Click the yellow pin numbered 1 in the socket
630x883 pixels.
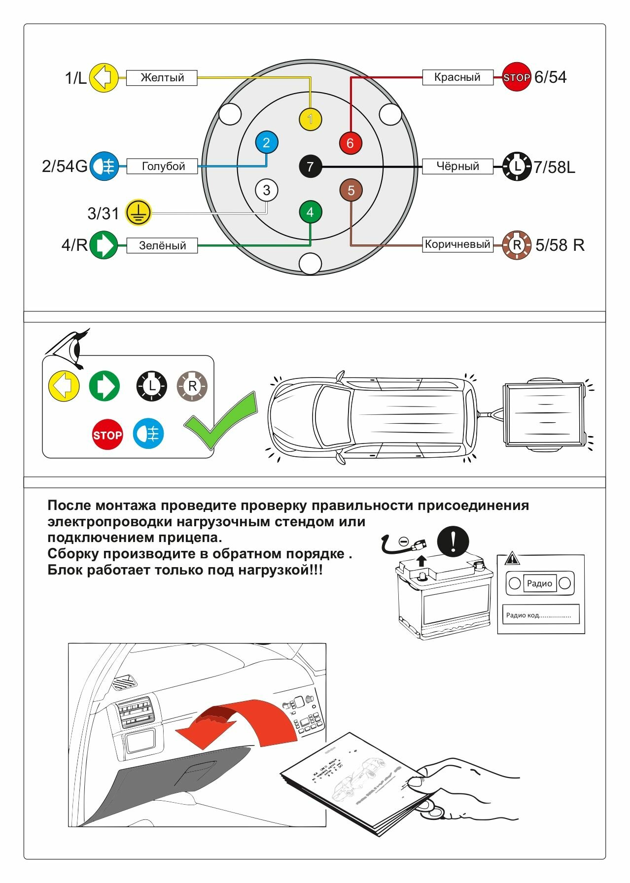pyautogui.click(x=310, y=119)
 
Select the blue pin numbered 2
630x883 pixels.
pyautogui.click(x=266, y=143)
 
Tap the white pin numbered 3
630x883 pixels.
pyautogui.click(x=266, y=190)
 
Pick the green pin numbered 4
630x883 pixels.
pyautogui.click(x=310, y=212)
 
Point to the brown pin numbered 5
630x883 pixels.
pyautogui.click(x=351, y=190)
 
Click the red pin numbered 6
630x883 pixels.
pyautogui.click(x=350, y=143)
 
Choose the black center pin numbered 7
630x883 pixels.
pyautogui.click(x=310, y=167)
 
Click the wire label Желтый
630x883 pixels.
pyautogui.click(x=162, y=78)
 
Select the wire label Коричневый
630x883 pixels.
pyautogui.click(x=457, y=244)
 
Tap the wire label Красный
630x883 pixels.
pyautogui.click(x=457, y=77)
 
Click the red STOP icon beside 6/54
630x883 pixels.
pyautogui.click(x=516, y=77)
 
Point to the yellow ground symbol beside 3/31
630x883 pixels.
pyautogui.click(x=138, y=212)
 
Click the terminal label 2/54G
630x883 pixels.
pyautogui.click(x=65, y=167)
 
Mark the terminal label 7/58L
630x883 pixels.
pyautogui.click(x=554, y=168)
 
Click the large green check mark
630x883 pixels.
pyautogui.click(x=221, y=420)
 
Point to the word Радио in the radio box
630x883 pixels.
pyautogui.click(x=539, y=583)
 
